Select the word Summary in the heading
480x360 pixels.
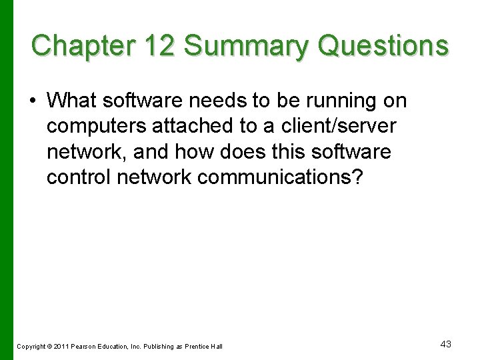[246, 46]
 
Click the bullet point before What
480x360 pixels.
[33, 101]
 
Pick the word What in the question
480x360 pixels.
[71, 101]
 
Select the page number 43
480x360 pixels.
[446, 344]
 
